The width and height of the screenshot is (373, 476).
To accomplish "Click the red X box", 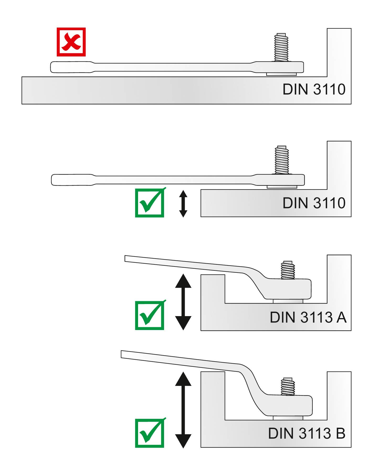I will (71, 42).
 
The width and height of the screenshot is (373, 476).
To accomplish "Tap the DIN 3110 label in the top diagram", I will (314, 90).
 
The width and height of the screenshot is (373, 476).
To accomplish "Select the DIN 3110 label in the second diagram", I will (314, 203).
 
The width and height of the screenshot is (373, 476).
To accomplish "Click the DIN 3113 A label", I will (308, 317).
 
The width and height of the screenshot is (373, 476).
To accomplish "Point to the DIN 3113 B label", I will (306, 433).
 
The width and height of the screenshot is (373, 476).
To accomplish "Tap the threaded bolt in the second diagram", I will (282, 160).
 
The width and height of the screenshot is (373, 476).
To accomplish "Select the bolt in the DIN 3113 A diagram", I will (288, 270).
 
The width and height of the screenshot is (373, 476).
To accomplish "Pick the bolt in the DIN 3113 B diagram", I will (288, 387).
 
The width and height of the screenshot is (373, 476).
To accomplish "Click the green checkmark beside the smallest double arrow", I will (150, 203).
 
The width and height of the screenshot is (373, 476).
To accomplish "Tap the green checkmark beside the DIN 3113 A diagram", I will (150, 315).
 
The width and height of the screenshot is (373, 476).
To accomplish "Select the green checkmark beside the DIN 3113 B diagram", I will (150, 433).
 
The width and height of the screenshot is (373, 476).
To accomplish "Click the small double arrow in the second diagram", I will (183, 204).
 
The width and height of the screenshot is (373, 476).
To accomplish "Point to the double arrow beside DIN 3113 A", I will (183, 302).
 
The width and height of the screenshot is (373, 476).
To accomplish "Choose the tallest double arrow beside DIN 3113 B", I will (183, 410).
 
